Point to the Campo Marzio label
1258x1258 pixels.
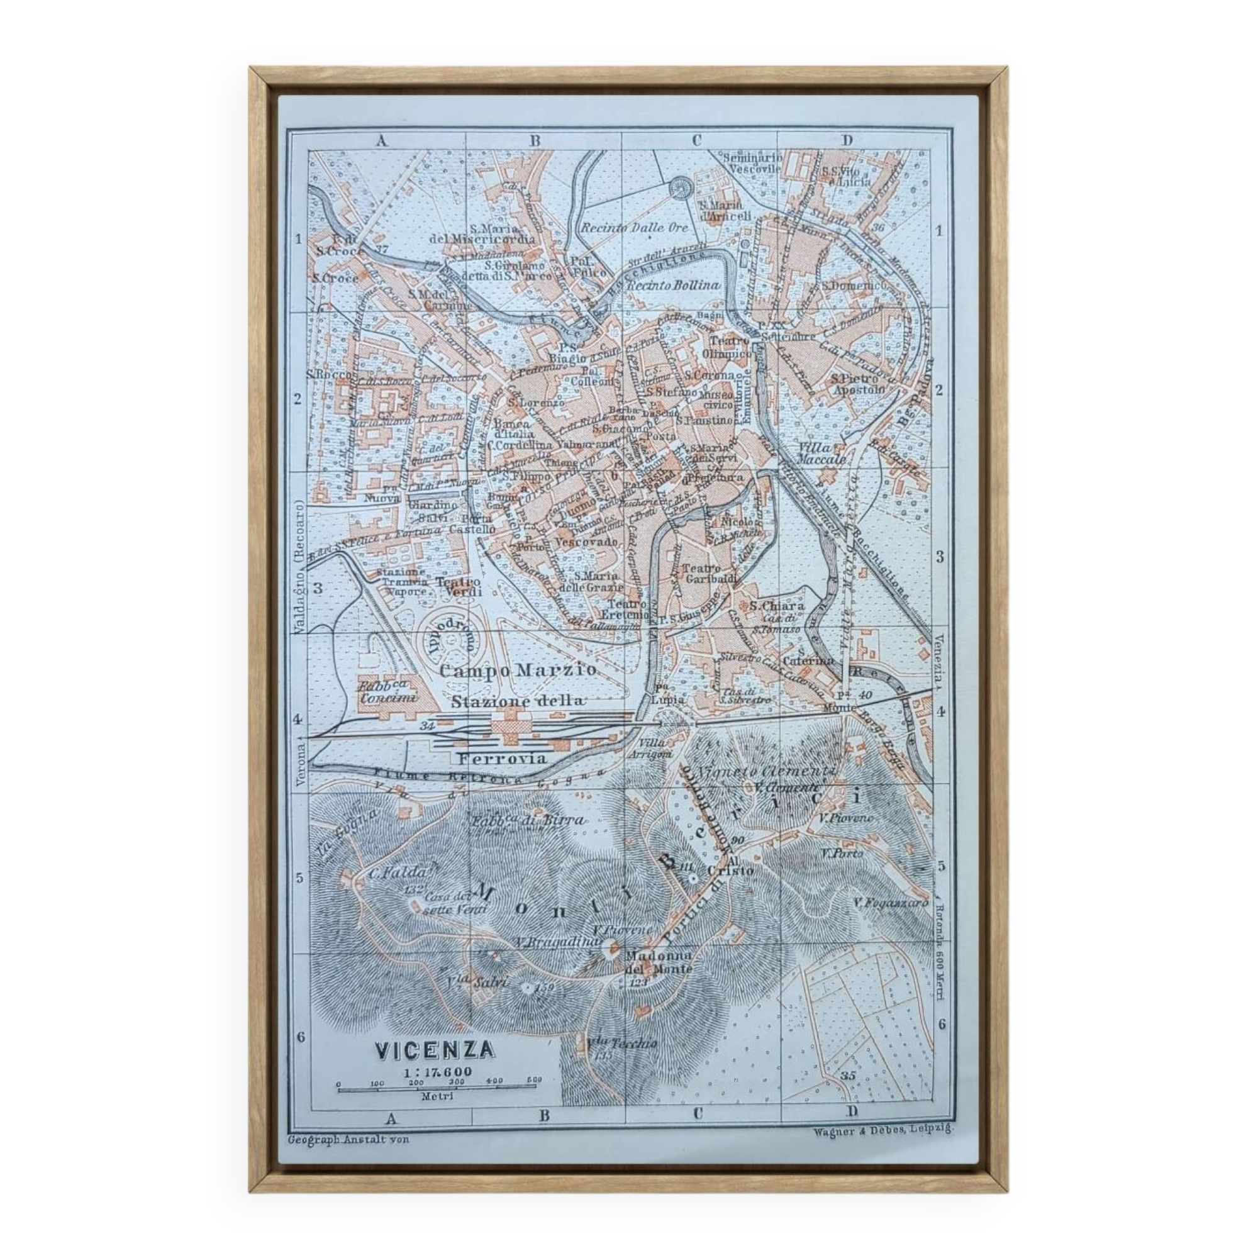tap(518, 669)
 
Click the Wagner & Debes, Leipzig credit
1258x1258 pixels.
tap(882, 1132)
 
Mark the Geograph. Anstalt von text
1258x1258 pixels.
tap(348, 1140)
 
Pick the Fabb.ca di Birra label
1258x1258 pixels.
tap(528, 820)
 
